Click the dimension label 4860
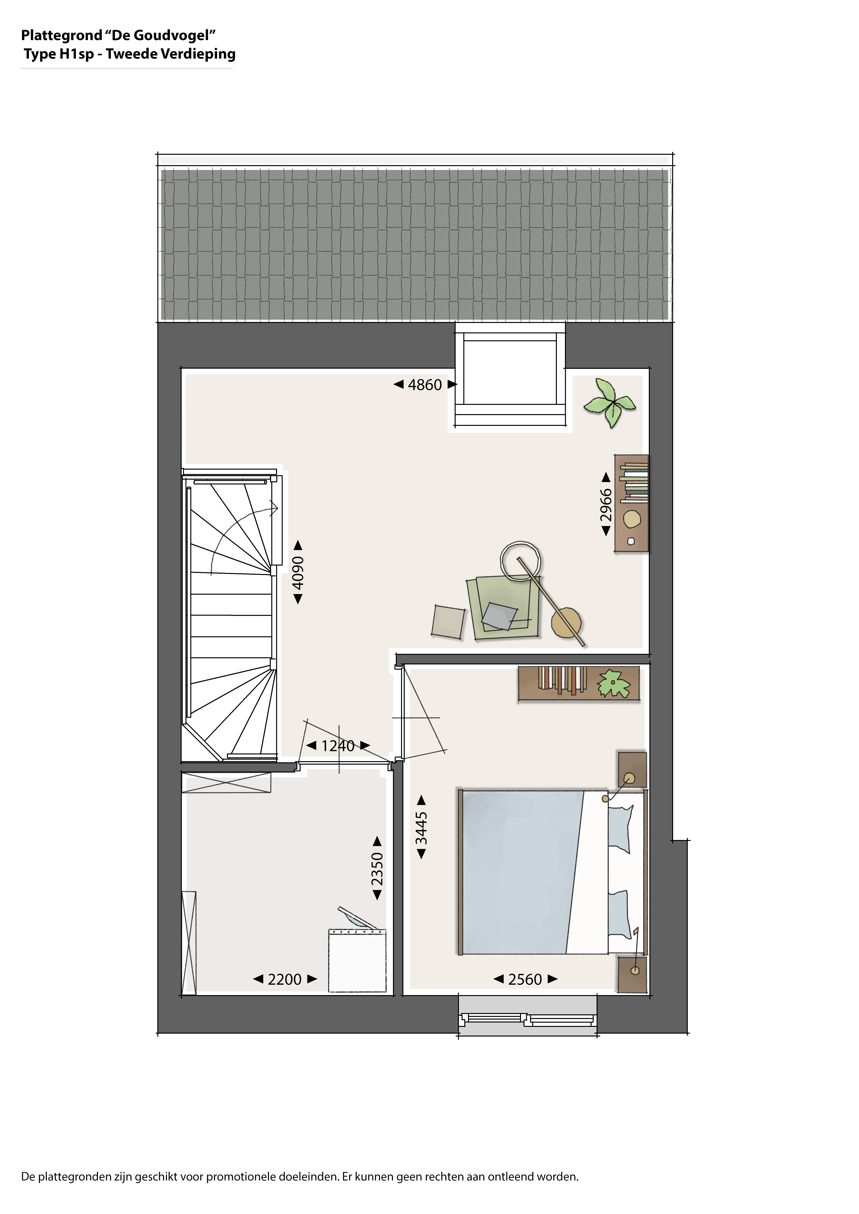[425, 385]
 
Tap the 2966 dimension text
[606, 505]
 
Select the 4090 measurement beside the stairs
[298, 573]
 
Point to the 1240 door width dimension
[338, 746]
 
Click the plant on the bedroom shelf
[614, 684]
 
